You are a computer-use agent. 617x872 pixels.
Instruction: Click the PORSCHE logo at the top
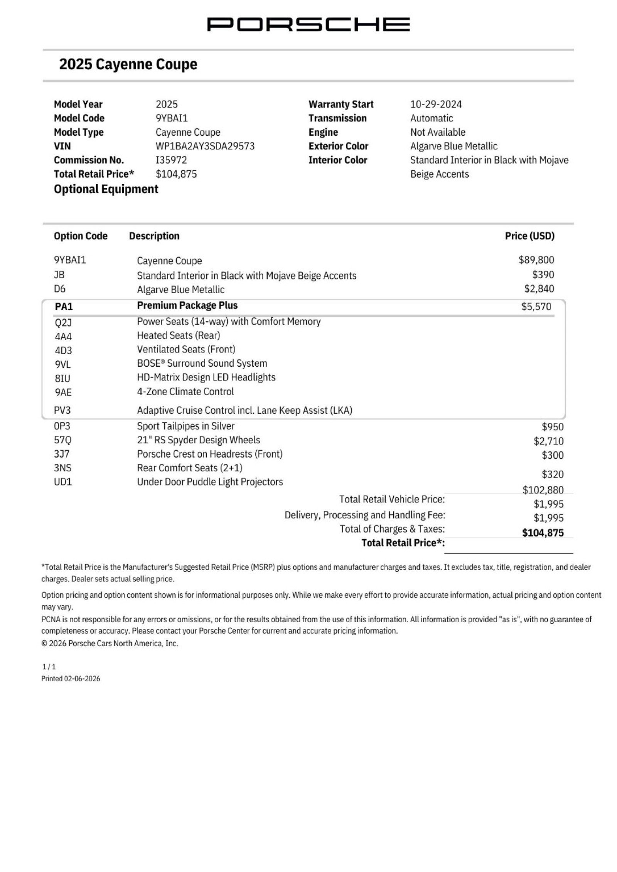coord(308,24)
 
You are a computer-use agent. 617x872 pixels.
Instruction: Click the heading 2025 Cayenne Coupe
coord(128,64)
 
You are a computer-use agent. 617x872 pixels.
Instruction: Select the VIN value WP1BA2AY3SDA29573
coord(205,146)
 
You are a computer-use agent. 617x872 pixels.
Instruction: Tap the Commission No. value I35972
coord(171,160)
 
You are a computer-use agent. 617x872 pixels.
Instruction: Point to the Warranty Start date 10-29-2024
coord(436,104)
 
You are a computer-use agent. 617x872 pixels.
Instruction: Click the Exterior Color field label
coord(338,146)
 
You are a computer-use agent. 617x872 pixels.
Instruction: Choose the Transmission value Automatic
coord(431,118)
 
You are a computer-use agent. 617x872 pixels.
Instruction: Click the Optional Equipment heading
coord(106,189)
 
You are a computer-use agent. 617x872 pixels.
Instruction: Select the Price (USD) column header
coord(529,236)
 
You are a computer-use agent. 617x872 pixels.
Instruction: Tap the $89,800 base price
coord(536,260)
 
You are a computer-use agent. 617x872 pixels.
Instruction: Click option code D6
coord(60,289)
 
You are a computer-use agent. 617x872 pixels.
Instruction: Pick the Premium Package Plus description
coord(187,306)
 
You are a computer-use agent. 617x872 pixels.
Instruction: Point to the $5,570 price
coord(536,307)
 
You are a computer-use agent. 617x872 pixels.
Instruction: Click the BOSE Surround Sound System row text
coord(202,364)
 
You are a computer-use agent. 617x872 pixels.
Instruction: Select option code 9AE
coord(63,392)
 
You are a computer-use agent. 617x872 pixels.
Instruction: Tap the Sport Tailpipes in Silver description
coord(185,426)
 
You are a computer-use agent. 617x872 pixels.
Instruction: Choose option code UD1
coord(63,482)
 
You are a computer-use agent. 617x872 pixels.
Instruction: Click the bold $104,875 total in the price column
coord(543,533)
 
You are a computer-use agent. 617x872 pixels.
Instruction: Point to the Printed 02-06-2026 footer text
coord(71,678)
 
